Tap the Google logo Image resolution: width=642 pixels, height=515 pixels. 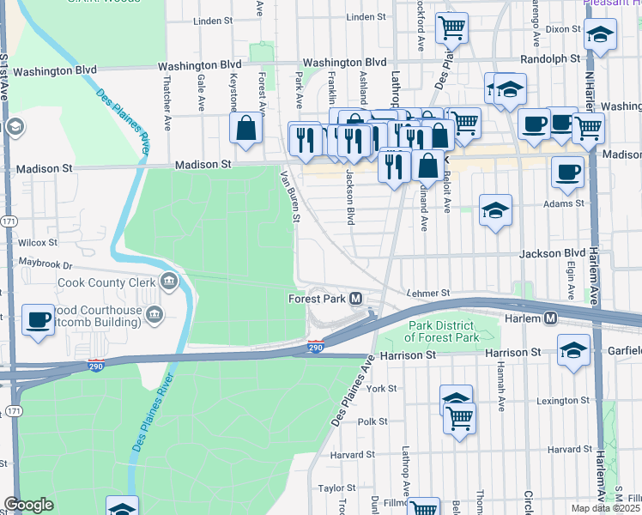click(28, 505)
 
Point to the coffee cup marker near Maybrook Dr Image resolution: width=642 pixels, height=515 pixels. click(39, 320)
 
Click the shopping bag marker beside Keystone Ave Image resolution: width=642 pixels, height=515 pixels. click(246, 129)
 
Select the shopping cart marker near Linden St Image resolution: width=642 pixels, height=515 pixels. click(451, 28)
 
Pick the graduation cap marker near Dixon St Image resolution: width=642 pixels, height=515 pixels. click(600, 35)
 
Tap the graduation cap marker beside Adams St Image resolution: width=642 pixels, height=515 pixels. click(495, 211)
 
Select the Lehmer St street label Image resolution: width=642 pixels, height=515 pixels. click(428, 294)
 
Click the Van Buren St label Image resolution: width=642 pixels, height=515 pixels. click(291, 196)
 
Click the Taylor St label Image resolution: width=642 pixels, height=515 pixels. click(336, 488)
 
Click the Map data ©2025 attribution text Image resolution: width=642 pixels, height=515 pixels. click(606, 508)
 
